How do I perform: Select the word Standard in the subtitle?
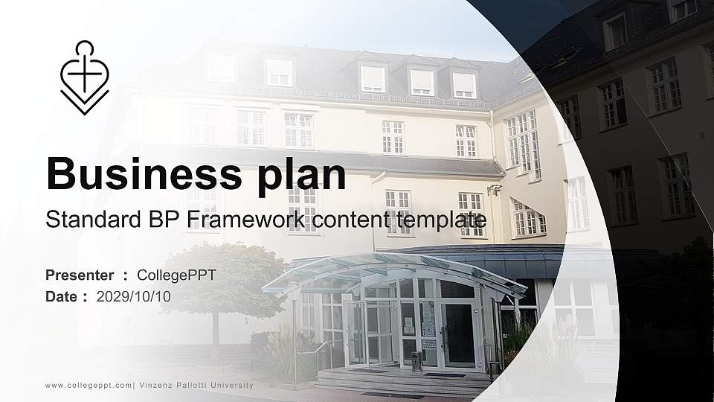(89, 220)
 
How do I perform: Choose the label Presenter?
(80, 275)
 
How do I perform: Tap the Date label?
(62, 296)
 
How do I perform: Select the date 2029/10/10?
(133, 296)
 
